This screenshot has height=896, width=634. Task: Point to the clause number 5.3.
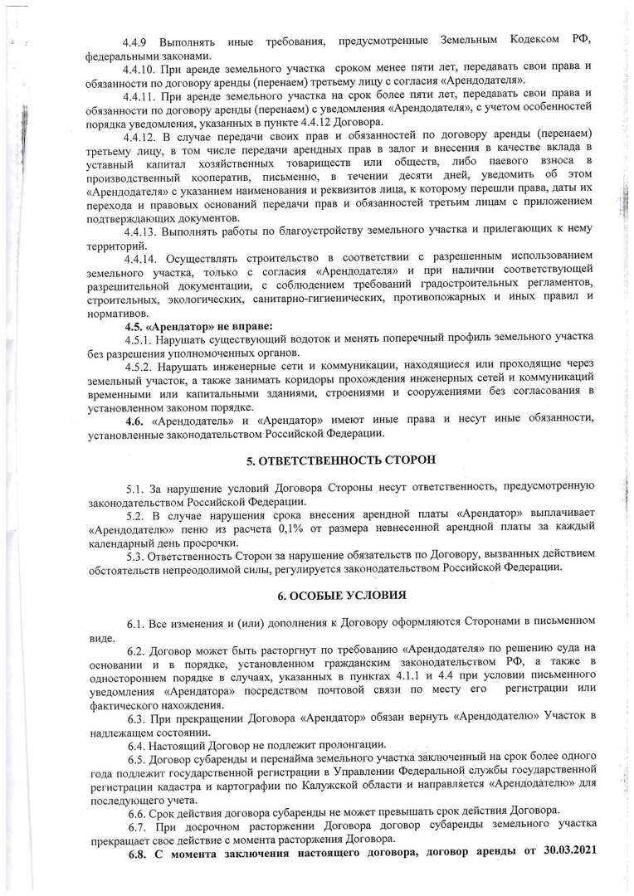(136, 554)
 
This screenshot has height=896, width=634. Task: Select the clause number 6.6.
(138, 811)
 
